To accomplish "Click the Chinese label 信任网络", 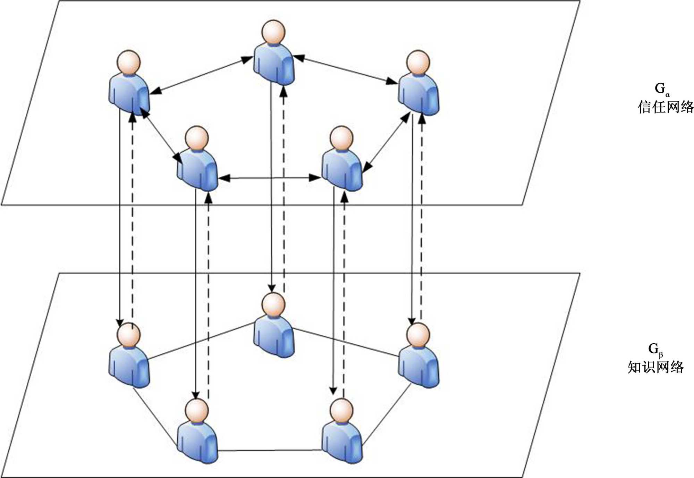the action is (x=666, y=107).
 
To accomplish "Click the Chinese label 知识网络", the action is (x=655, y=367).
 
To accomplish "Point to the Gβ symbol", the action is (x=655, y=349).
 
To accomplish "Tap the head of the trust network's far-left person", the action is (x=129, y=62).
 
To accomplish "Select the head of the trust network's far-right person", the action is (x=418, y=62).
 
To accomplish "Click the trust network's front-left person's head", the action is (x=197, y=138).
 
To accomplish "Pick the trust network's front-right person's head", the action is (x=342, y=138).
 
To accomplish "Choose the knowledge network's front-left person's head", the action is (x=197, y=411).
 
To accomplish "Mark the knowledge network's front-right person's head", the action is (x=342, y=411).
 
